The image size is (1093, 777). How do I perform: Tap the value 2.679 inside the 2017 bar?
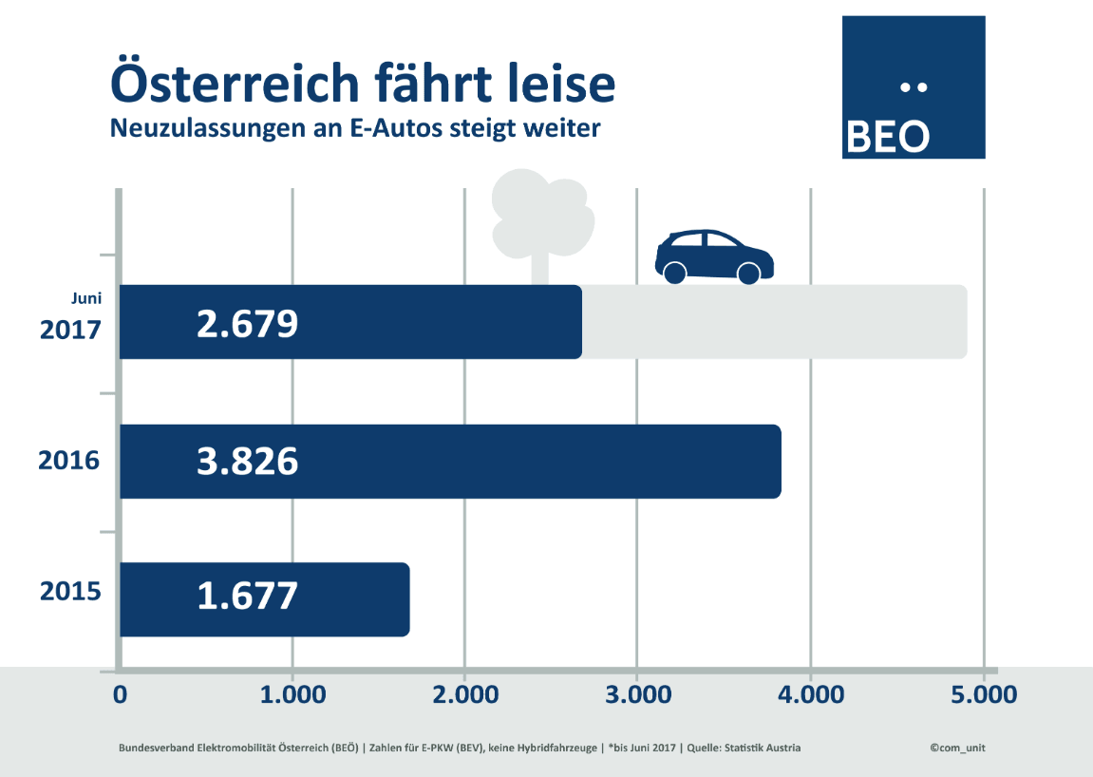(247, 324)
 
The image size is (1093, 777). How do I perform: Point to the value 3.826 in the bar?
(247, 462)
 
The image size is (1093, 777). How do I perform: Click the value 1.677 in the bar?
(247, 597)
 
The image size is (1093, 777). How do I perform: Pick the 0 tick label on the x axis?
(120, 694)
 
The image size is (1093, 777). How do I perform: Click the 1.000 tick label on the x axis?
(292, 694)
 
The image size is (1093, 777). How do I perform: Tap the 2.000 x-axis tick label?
(464, 694)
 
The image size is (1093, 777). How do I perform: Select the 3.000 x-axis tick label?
(637, 694)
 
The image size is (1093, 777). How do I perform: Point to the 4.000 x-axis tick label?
(809, 694)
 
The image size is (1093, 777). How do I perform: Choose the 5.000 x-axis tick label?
(982, 694)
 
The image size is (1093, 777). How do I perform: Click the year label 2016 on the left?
(69, 462)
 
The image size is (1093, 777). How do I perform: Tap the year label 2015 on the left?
(69, 593)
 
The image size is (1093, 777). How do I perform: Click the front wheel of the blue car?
(748, 274)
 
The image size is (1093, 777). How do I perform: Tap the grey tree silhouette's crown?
(541, 213)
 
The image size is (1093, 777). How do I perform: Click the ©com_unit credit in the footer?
(958, 748)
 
